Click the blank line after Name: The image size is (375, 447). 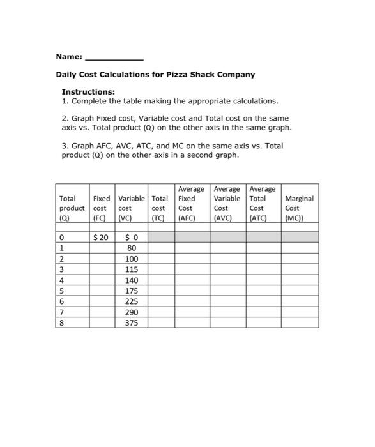[114, 58]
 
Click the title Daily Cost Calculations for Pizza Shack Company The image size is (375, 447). [155, 75]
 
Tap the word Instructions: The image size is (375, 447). [88, 92]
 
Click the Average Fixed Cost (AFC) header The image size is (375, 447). [191, 203]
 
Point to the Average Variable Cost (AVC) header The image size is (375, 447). [227, 203]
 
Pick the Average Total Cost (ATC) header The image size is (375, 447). [262, 203]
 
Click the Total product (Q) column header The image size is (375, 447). [72, 208]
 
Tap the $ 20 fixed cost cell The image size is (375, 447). [101, 238]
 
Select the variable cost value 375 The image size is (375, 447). [132, 323]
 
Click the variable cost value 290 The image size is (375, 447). [132, 312]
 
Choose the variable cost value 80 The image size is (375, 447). [132, 248]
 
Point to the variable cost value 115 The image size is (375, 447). [132, 270]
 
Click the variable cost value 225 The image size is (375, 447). [132, 301]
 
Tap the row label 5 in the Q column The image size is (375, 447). [61, 291]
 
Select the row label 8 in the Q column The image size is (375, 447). [61, 323]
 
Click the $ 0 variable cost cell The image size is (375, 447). [131, 238]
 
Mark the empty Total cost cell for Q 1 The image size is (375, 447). [161, 248]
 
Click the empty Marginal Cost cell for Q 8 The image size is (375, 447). [300, 323]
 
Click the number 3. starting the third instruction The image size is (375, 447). [65, 146]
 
